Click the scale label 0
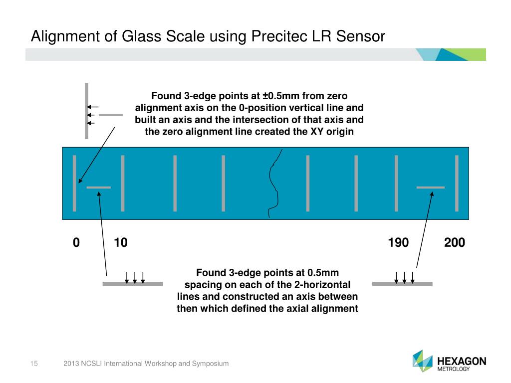[76, 243]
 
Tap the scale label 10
[121, 243]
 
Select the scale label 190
[398, 243]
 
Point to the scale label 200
[454, 243]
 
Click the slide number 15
[35, 364]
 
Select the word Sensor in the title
[360, 36]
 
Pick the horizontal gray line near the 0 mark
[99, 188]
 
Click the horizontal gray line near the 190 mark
[430, 187]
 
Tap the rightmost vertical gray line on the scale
[457, 183]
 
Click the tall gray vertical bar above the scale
[86, 111]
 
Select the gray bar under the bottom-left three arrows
[133, 284]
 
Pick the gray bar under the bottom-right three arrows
[402, 284]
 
